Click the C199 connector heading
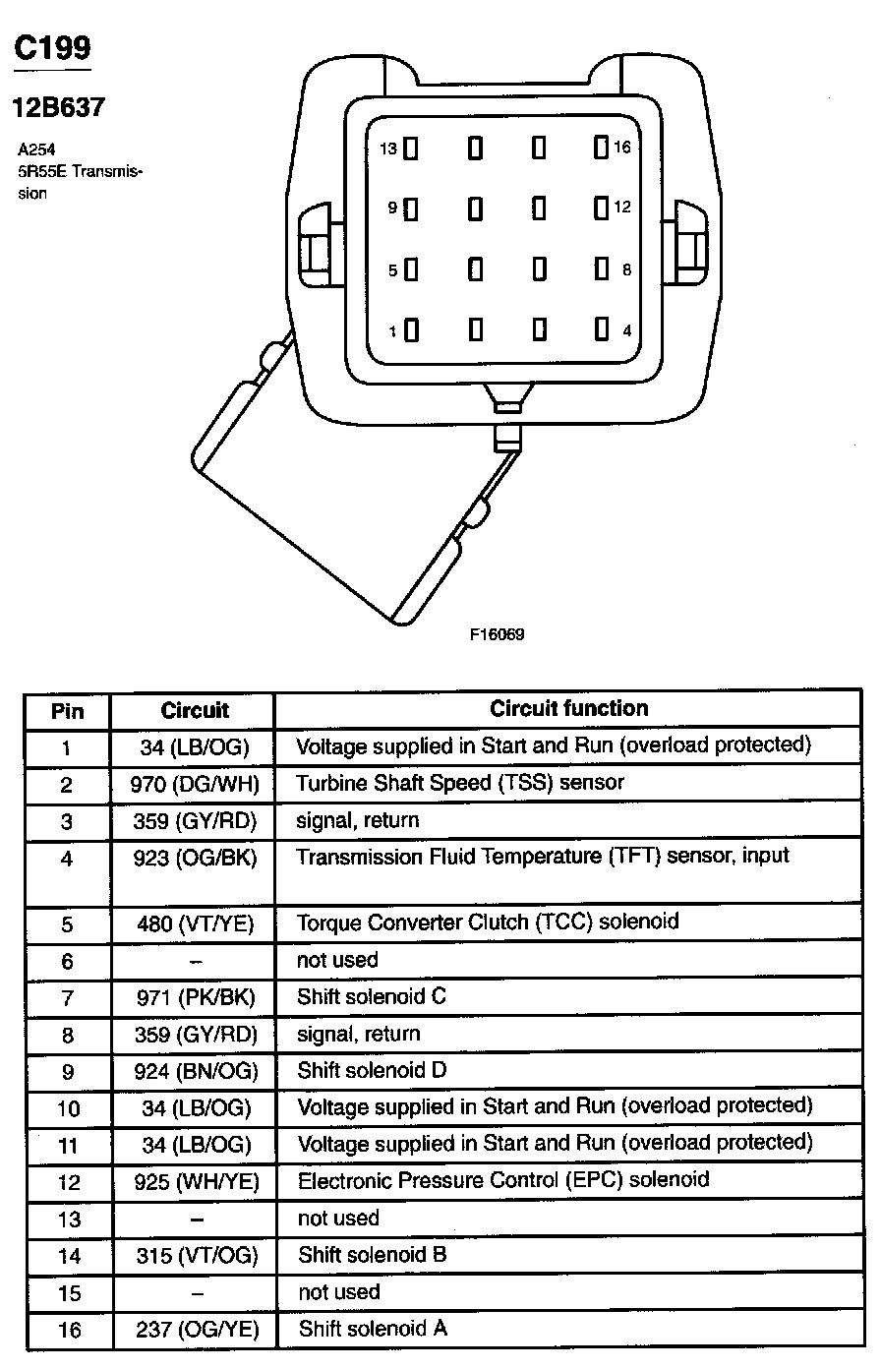point(52,48)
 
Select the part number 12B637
point(58,107)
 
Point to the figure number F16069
point(497,634)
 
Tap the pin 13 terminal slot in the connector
point(411,149)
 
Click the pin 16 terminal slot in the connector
point(601,148)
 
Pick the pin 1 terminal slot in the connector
point(411,330)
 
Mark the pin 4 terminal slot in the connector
point(601,330)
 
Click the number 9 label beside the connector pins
point(392,208)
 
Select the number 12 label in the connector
point(622,208)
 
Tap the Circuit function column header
point(568,708)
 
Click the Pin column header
point(67,710)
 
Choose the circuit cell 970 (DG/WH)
point(194,783)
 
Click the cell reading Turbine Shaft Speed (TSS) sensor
point(460,783)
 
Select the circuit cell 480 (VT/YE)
point(194,923)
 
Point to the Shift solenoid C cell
point(372,996)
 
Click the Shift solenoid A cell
point(373,1329)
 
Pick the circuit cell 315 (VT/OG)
point(194,1255)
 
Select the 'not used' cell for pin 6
point(337,960)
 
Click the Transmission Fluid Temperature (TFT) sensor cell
point(543,857)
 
